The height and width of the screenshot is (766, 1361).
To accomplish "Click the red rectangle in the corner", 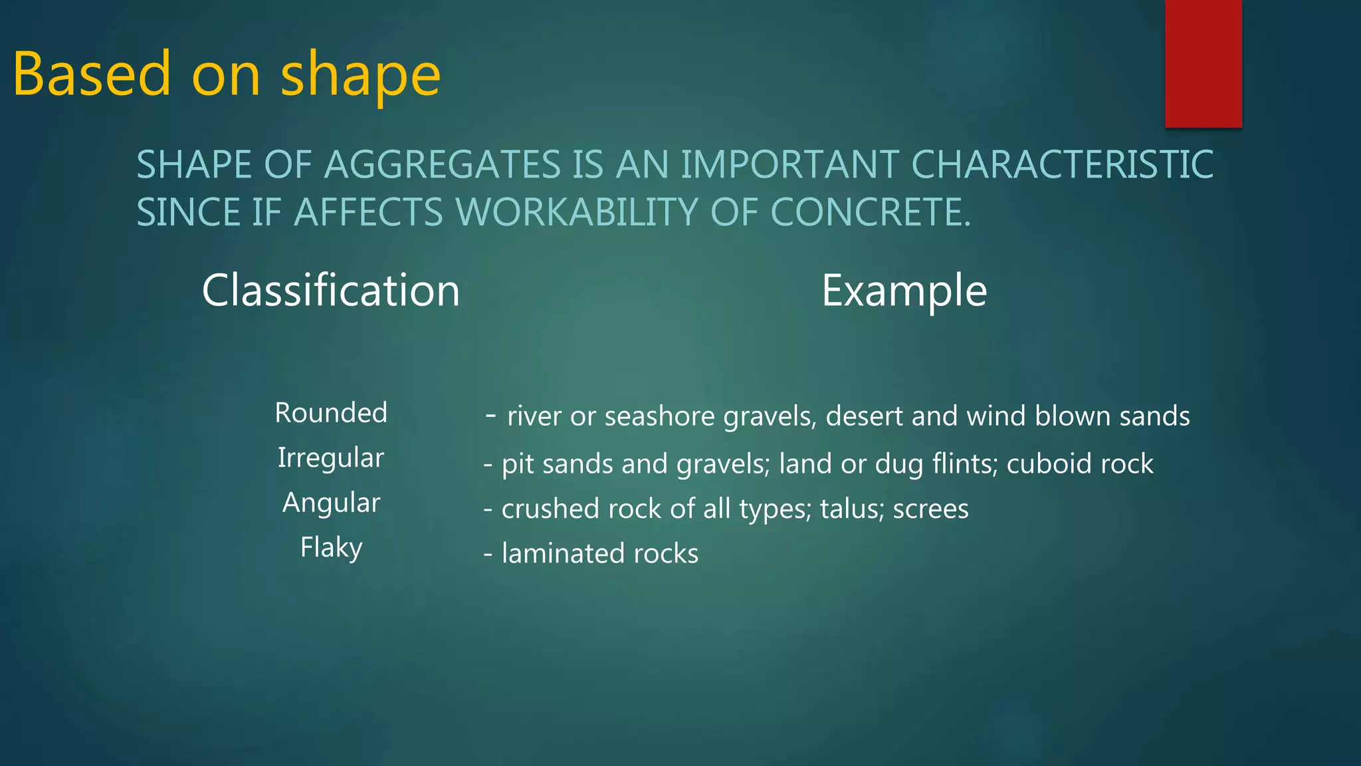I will click(x=1203, y=63).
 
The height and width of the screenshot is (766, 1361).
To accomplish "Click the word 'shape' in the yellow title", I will click(x=360, y=74).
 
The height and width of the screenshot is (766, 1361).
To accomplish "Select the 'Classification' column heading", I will click(x=330, y=291).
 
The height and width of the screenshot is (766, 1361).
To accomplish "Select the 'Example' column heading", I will click(x=904, y=291).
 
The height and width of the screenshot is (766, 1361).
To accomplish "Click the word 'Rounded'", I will click(x=331, y=413).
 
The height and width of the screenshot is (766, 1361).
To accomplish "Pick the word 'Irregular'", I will click(x=331, y=458).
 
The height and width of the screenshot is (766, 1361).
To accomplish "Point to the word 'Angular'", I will click(x=331, y=503).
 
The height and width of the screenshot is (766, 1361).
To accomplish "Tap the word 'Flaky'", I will click(x=331, y=548).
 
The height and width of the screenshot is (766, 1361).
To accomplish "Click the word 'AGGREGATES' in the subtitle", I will click(x=443, y=165).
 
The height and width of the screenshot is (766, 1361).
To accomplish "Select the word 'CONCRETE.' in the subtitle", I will click(x=871, y=213).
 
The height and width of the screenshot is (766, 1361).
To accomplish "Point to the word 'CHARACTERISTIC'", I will click(x=1061, y=165).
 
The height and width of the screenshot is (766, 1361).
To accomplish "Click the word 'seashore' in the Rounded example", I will click(x=659, y=416).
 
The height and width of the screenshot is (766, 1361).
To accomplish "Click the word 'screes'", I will click(x=930, y=509).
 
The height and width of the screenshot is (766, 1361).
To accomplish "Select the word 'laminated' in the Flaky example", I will click(x=563, y=553).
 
